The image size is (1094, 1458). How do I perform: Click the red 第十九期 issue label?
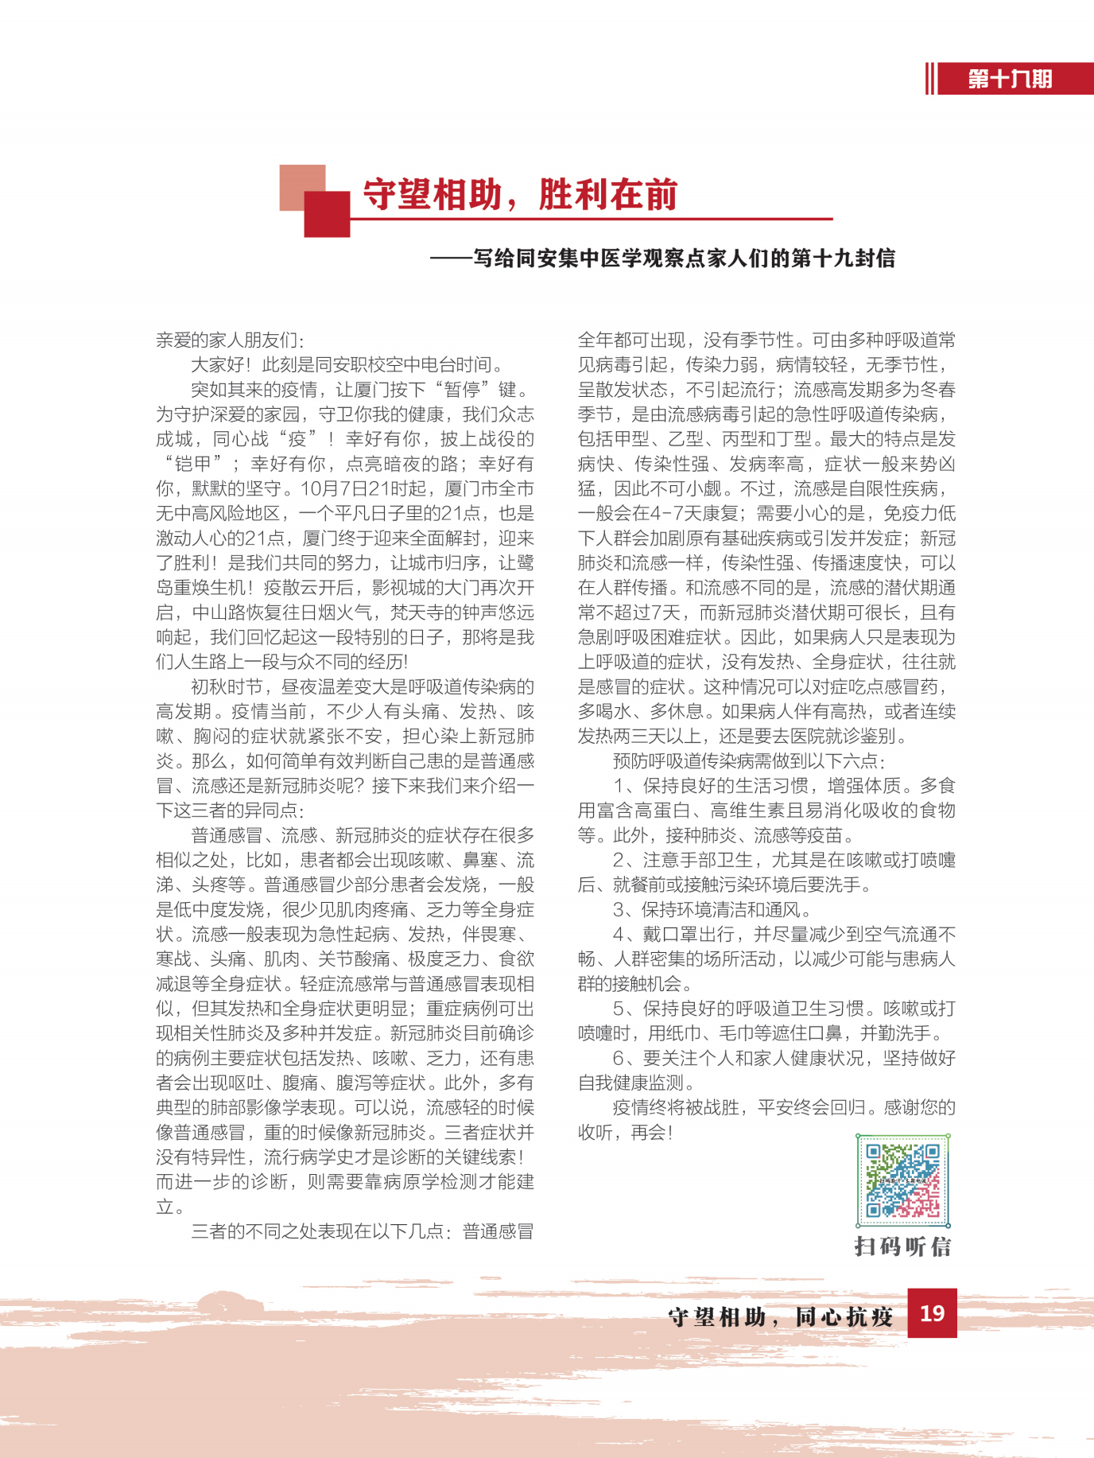1011,80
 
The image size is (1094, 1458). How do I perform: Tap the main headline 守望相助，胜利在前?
520,195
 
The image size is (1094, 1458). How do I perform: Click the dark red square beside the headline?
327,214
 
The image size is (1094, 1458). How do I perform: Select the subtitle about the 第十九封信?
662,259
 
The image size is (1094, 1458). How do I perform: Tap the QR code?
902,1181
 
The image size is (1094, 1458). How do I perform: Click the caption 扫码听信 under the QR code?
902,1246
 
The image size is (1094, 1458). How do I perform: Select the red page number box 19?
932,1312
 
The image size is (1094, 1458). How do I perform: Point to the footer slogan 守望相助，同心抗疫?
780,1317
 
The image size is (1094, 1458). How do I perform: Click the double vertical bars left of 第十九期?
929,80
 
